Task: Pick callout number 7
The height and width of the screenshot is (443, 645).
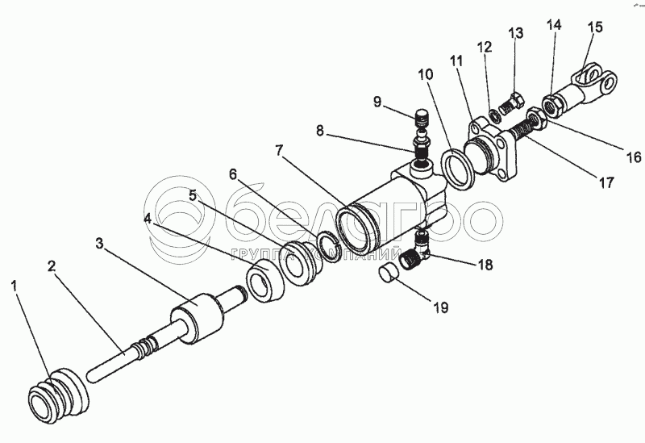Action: pyautogui.click(x=279, y=150)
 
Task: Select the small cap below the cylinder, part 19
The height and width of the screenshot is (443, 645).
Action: pyautogui.click(x=389, y=274)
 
